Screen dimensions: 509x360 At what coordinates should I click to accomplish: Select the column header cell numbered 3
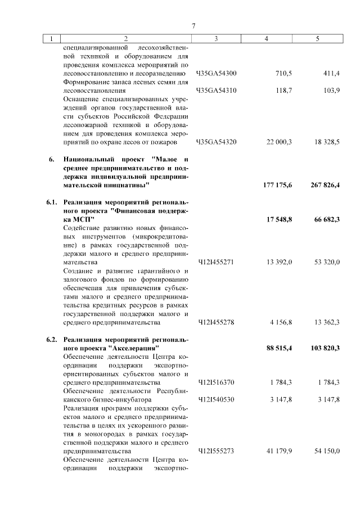[216, 39]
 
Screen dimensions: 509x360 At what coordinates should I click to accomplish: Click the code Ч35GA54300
[216, 74]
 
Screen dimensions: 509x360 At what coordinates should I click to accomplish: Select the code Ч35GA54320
[216, 142]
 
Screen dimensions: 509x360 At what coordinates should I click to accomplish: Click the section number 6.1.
[52, 202]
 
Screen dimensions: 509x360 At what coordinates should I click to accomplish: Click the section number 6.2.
[52, 340]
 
